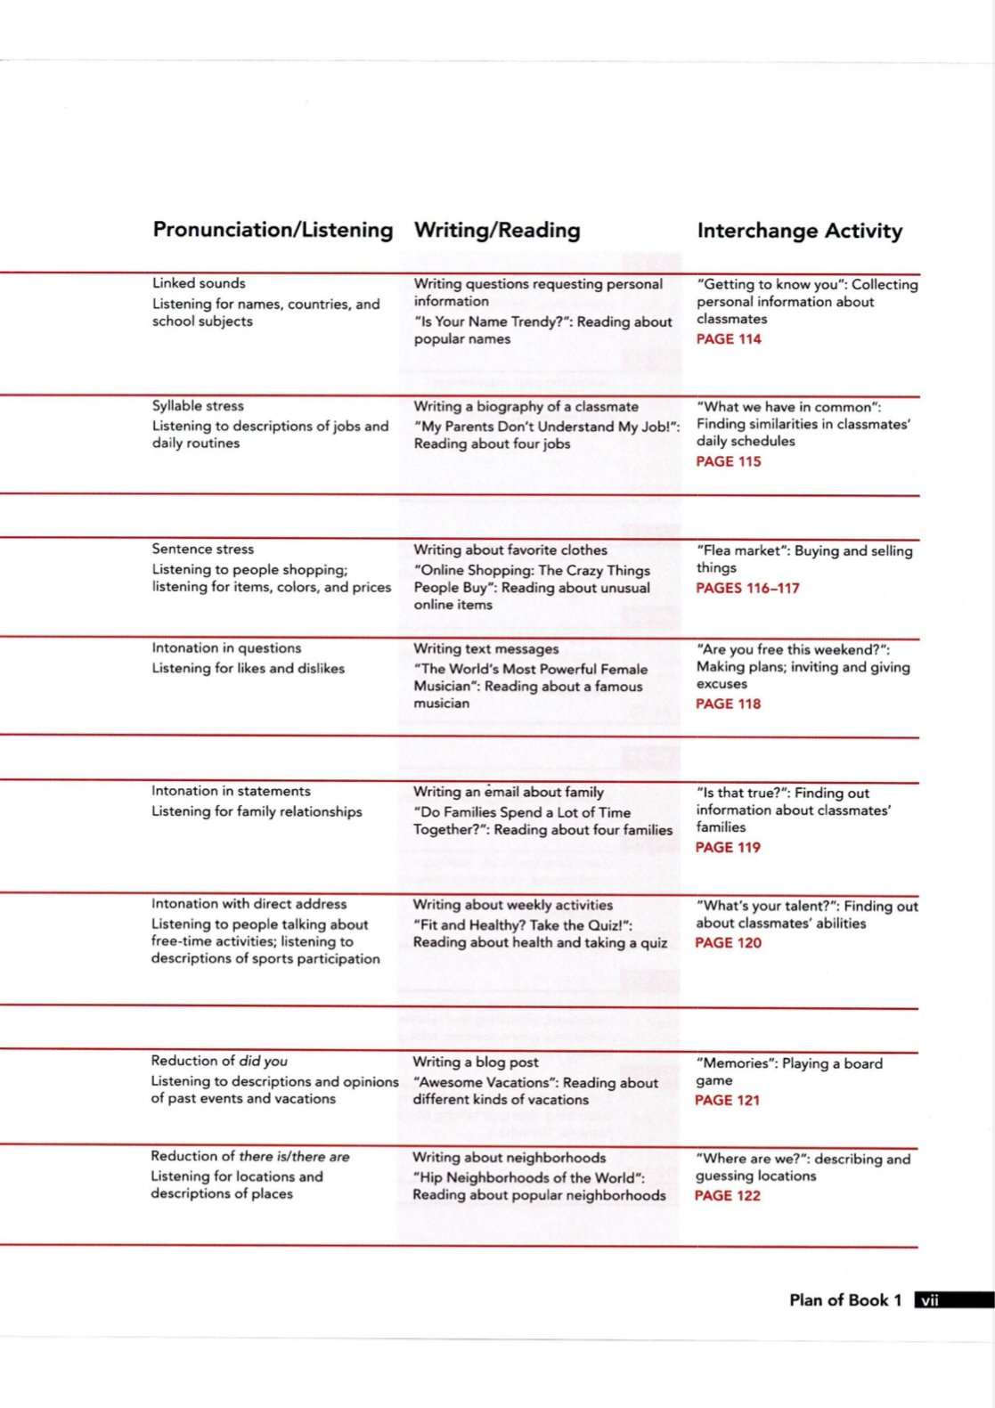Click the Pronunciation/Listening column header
pyautogui.click(x=273, y=230)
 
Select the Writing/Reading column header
pyautogui.click(x=497, y=231)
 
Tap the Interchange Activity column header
pyautogui.click(x=799, y=232)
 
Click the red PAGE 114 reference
pyautogui.click(x=729, y=339)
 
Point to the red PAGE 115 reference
pyautogui.click(x=729, y=461)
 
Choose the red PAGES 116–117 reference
pyautogui.click(x=747, y=588)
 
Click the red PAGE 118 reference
pyautogui.click(x=729, y=704)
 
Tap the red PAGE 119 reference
pyautogui.click(x=728, y=848)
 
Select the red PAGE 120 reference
pyautogui.click(x=728, y=943)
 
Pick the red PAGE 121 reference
pyautogui.click(x=727, y=1101)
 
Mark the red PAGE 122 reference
pyautogui.click(x=727, y=1196)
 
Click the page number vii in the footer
pyautogui.click(x=930, y=1300)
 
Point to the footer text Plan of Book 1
pyautogui.click(x=845, y=1300)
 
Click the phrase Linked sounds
pyautogui.click(x=199, y=283)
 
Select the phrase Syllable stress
pyautogui.click(x=198, y=406)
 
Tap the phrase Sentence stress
pyautogui.click(x=202, y=549)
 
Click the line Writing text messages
pyautogui.click(x=486, y=649)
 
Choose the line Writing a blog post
pyautogui.click(x=476, y=1062)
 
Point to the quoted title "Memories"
pyautogui.click(x=735, y=1063)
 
